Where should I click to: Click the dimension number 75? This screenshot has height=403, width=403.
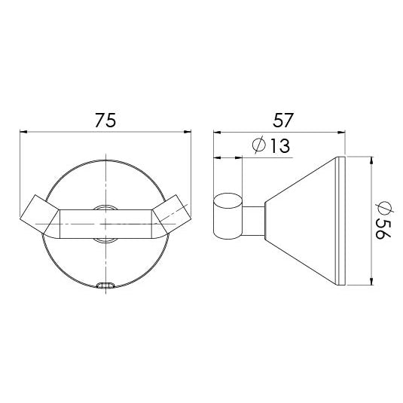coord(106,121)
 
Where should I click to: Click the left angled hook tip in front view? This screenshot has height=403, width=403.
coord(32,210)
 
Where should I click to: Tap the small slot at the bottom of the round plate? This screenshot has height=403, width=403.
coord(106,285)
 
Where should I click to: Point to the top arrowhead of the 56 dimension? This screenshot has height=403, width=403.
coord(372,160)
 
